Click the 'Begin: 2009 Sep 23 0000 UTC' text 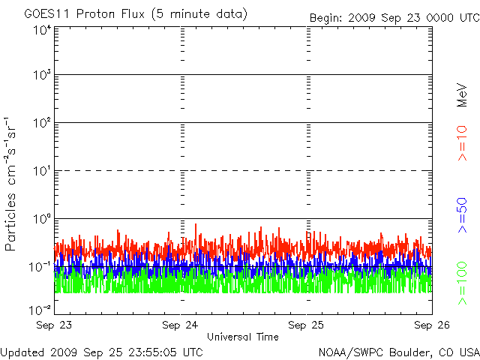tap(394, 18)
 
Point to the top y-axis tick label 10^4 tap(42, 31)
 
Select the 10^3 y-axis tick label tap(42, 75)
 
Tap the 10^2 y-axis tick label tap(42, 123)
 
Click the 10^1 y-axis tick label tap(42, 171)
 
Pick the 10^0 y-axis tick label tap(42, 219)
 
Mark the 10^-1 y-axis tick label tap(40, 267)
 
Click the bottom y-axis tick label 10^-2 tap(40, 310)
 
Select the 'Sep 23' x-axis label tap(54, 325)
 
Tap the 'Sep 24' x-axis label tap(180, 325)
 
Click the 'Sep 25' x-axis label tap(306, 325)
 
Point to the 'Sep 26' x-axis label tap(432, 325)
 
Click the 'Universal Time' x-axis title tap(243, 337)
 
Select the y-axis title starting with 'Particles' tap(10, 184)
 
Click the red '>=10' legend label tap(462, 143)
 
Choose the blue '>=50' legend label tap(462, 215)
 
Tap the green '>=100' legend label tap(462, 283)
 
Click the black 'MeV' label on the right tap(462, 95)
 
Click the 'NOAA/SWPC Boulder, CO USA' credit tap(399, 352)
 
